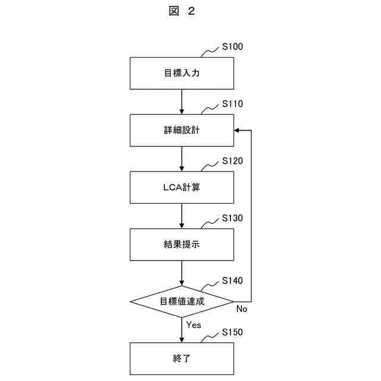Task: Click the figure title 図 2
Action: pos(182,11)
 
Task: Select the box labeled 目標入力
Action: pos(182,73)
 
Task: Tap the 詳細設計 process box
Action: pos(182,130)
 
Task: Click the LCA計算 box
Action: pos(182,187)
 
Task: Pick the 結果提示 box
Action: pos(182,244)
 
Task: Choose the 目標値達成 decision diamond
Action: pos(182,301)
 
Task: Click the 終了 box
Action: pos(182,358)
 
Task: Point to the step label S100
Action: pos(232,46)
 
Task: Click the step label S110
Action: pos(232,104)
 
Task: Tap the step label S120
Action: pos(232,161)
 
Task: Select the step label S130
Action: pos(232,218)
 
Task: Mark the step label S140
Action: pos(232,280)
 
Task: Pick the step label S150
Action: pos(232,332)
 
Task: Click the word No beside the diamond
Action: pos(242,309)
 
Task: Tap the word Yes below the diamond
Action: pos(194,326)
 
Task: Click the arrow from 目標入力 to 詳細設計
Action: pos(182,101)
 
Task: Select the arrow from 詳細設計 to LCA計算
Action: pos(182,158)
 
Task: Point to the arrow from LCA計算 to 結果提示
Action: pos(182,216)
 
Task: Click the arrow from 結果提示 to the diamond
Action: pos(182,273)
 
